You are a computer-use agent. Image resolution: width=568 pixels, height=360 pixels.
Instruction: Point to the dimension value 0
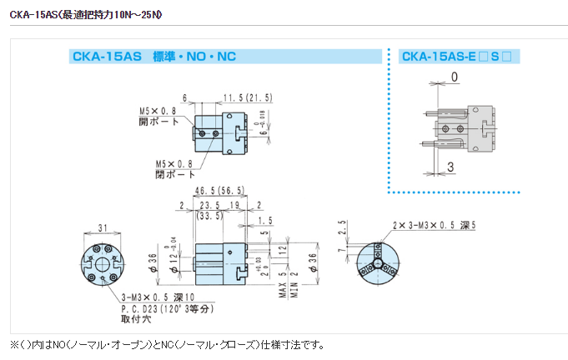coord(455,77)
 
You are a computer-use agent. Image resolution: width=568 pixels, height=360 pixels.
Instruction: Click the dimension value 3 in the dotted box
coord(450,167)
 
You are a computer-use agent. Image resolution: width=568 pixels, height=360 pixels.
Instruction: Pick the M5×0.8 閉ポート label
coord(173,169)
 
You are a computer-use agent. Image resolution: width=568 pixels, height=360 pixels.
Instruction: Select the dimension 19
coord(236,205)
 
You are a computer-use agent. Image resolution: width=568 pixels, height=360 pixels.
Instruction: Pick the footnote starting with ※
coord(167,345)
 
